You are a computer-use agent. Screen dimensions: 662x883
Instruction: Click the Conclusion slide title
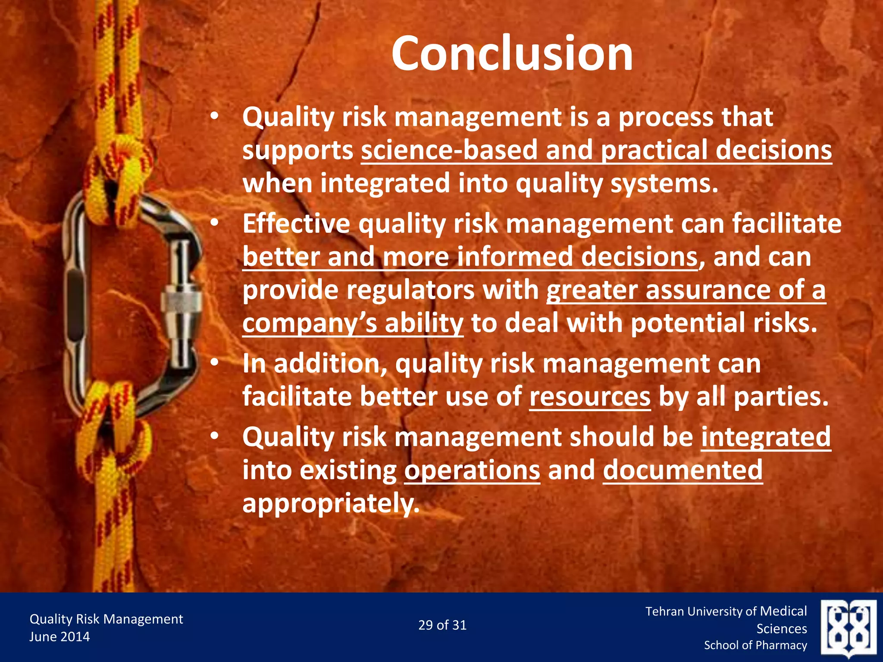[512, 53]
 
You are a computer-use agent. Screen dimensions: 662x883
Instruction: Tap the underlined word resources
[590, 397]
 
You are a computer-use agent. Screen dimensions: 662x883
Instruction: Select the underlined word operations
[472, 470]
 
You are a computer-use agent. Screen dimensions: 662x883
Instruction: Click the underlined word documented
[683, 470]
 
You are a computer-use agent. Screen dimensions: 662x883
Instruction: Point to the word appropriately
[331, 503]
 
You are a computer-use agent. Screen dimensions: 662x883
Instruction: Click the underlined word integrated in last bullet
[766, 437]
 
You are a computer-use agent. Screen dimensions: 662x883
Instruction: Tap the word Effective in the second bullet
[296, 224]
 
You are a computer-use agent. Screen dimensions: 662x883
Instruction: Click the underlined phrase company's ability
[353, 323]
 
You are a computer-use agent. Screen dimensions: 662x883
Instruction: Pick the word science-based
[449, 150]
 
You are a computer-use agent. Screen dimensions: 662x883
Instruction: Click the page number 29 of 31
[442, 625]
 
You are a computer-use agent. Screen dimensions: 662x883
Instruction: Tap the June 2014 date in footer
[59, 637]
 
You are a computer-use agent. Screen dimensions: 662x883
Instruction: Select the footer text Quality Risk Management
[106, 619]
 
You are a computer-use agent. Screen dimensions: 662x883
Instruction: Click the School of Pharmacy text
[755, 645]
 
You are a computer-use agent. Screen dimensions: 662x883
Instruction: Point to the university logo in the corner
[848, 628]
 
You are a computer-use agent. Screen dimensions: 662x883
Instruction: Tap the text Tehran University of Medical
[726, 611]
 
